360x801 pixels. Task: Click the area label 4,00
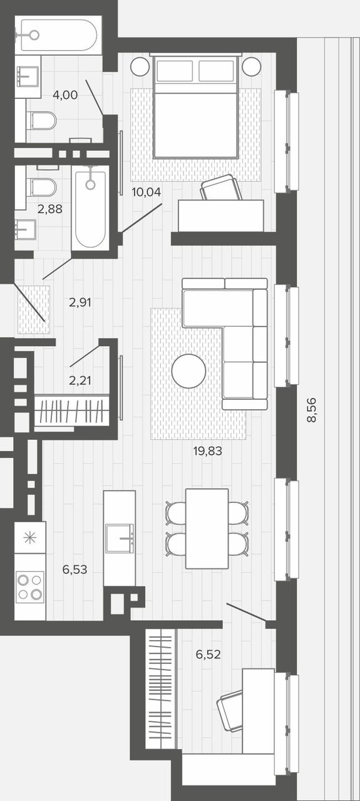(65, 95)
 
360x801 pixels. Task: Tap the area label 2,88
(49, 209)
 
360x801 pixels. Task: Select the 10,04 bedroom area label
(147, 192)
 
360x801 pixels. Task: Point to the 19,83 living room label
(208, 451)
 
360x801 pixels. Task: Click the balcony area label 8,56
(312, 410)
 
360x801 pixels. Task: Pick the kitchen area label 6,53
(75, 569)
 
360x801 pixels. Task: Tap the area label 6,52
(208, 655)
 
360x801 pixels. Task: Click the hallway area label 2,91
(80, 303)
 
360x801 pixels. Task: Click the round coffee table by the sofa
(188, 371)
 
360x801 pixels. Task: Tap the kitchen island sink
(120, 538)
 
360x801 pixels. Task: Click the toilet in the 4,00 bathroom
(42, 121)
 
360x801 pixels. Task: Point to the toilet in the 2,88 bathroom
(43, 187)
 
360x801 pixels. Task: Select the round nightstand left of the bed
(140, 66)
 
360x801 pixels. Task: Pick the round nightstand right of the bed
(252, 66)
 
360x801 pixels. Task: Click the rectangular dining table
(207, 529)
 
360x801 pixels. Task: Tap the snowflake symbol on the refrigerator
(29, 538)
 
